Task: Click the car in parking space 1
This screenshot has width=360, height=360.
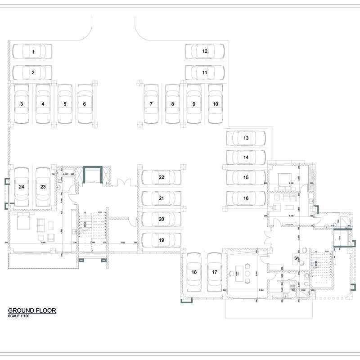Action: [x=31, y=51]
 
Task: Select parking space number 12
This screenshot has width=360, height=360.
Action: [x=205, y=51]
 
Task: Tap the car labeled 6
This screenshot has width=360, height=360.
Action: [x=85, y=104]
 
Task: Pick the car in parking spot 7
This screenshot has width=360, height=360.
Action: [x=151, y=104]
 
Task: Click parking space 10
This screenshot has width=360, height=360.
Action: [x=216, y=104]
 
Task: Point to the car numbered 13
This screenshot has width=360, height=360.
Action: [x=246, y=138]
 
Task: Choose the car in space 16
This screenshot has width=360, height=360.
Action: [x=246, y=198]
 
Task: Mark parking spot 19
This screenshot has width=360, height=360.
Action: [x=161, y=240]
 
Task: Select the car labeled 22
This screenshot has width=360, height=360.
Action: [x=161, y=177]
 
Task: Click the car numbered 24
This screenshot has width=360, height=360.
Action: [x=21, y=186]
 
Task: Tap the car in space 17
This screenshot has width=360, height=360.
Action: [x=215, y=272]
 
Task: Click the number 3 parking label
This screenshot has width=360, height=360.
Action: [x=21, y=104]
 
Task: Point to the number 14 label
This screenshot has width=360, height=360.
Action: [x=246, y=157]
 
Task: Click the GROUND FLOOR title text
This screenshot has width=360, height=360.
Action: [x=31, y=310]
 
